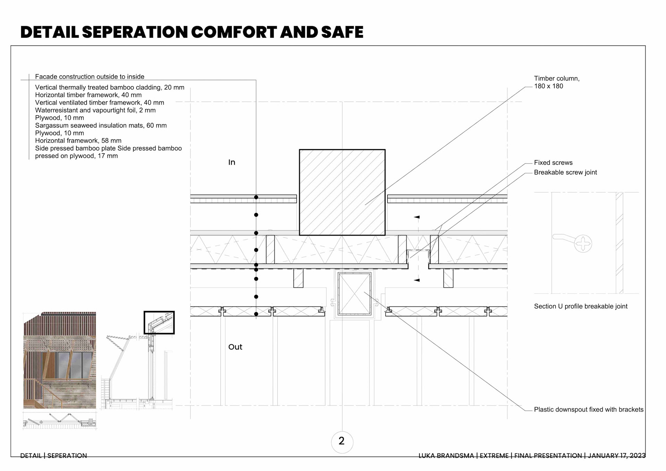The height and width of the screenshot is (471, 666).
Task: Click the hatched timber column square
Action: coord(342,192)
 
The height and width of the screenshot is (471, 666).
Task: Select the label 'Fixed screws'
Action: coord(553,163)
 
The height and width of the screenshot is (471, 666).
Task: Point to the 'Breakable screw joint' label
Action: coord(565,173)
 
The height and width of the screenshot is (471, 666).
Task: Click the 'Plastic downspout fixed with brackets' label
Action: coord(588,410)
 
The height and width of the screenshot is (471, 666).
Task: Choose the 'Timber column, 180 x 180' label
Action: coord(556,82)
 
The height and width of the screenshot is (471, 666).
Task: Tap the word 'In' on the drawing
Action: coord(232,162)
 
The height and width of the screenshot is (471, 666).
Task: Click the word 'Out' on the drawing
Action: coord(235,347)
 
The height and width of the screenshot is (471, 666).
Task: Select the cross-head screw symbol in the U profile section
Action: coord(583,243)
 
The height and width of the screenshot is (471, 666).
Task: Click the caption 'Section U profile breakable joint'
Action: coord(580,306)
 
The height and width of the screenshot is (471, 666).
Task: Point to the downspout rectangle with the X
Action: coord(354,294)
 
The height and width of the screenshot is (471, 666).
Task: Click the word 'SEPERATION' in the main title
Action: coord(135,32)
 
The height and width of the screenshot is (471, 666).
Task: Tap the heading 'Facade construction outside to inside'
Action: coord(89,77)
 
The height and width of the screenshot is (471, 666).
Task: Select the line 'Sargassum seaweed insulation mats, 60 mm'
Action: coord(101,126)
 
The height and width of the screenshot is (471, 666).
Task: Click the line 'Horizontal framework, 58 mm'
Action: coord(78,141)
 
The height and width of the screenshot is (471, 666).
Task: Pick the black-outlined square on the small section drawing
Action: coord(159,322)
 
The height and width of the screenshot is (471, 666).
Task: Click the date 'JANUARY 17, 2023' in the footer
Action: coord(616,456)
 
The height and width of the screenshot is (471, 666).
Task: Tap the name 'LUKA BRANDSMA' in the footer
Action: coord(446,456)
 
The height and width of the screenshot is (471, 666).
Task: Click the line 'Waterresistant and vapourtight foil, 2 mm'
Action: coord(95,110)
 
